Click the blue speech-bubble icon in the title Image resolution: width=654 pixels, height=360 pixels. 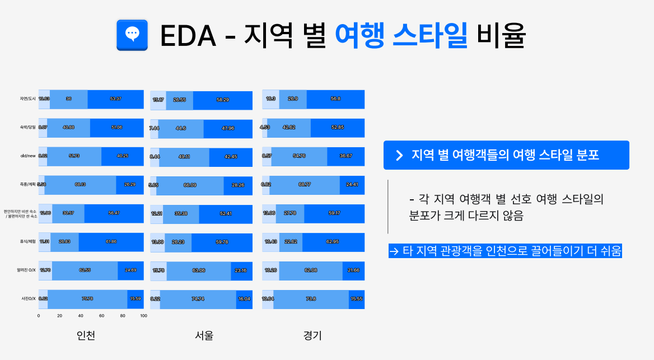tap(132, 35)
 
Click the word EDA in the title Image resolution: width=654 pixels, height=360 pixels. tap(188, 36)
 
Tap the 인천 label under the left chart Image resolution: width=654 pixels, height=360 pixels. tap(86, 336)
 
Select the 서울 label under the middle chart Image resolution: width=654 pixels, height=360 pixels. tap(204, 336)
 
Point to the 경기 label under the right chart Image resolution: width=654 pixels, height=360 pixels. tap(312, 336)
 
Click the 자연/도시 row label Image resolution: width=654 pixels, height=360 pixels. tap(27, 99)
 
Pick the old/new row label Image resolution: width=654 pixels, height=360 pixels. tap(28, 156)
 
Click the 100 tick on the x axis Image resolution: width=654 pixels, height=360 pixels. tap(143, 316)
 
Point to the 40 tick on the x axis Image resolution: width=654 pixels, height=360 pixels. tap(81, 316)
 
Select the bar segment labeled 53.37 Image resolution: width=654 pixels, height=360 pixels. tap(116, 99)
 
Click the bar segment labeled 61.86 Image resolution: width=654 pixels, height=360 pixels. tap(111, 241)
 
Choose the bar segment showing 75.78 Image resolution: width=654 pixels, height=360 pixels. tap(87, 298)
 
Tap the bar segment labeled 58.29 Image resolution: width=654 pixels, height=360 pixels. tap(222, 100)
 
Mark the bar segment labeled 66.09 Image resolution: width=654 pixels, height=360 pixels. tap(190, 185)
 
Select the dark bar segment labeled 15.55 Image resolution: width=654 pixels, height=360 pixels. tap(357, 299)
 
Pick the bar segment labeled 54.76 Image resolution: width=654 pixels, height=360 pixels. tap(299, 156)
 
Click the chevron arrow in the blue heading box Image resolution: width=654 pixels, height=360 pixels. tap(399, 156)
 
